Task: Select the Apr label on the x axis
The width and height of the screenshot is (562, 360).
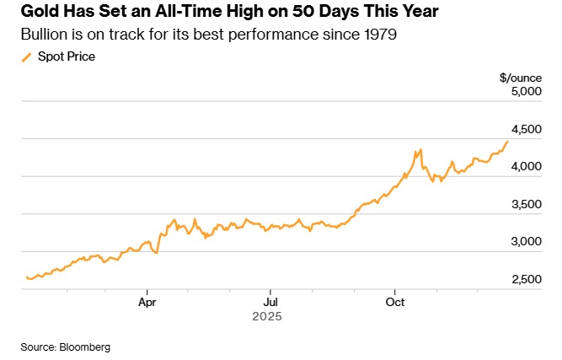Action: (147, 301)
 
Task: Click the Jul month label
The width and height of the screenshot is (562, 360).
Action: (270, 301)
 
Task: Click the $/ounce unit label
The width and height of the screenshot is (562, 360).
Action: (516, 77)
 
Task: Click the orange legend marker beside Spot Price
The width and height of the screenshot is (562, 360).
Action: (25, 56)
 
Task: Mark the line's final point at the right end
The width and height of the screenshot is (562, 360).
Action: (507, 142)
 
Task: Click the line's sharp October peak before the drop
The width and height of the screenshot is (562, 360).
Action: (419, 151)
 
